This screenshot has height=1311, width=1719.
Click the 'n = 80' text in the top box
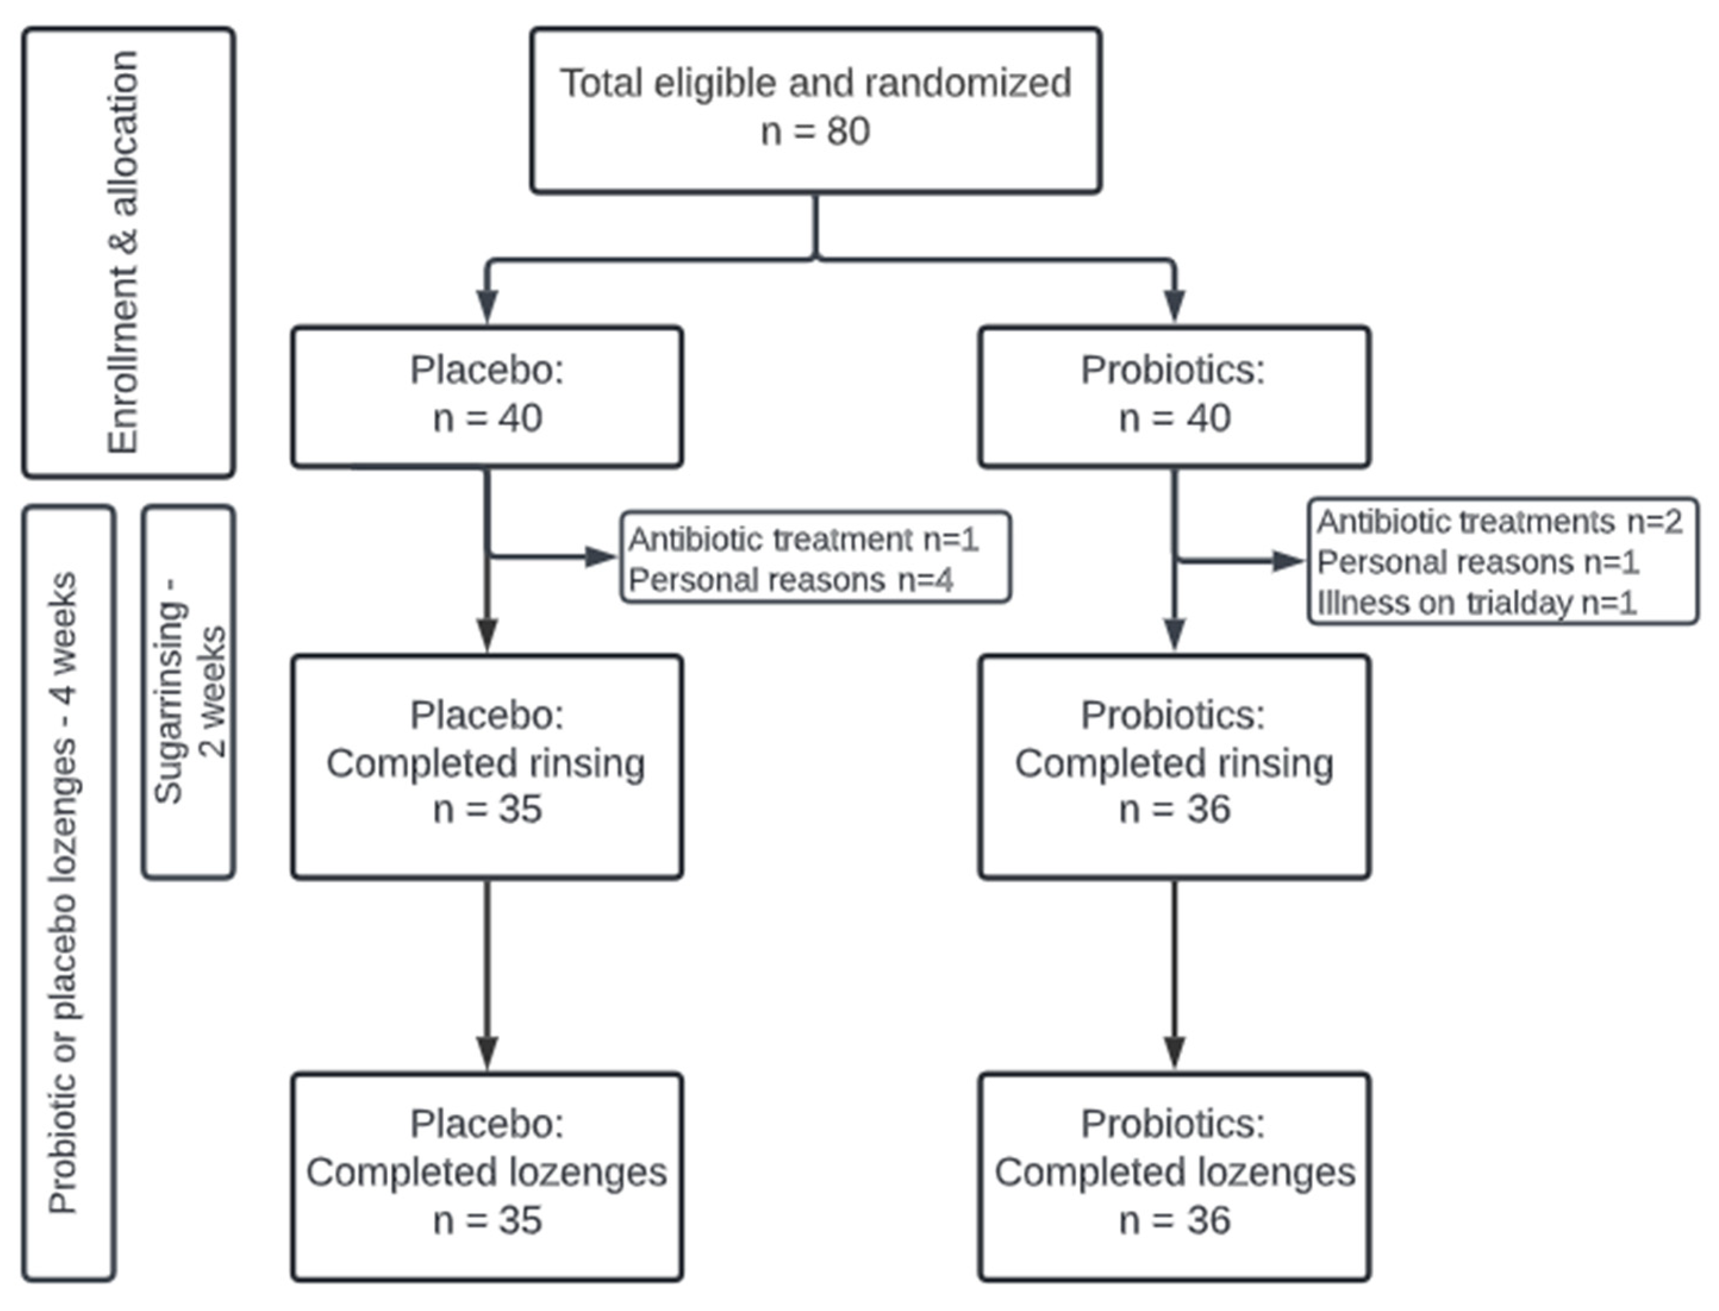click(815, 131)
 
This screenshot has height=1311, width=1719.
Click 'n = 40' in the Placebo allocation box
click(487, 418)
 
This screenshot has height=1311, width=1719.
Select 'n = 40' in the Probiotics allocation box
click(1174, 418)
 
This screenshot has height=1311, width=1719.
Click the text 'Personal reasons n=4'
click(790, 580)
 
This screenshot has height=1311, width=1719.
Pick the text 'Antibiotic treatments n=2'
click(1499, 521)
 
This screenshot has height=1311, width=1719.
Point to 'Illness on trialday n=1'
click(1476, 603)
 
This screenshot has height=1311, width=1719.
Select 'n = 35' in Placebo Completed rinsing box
click(487, 809)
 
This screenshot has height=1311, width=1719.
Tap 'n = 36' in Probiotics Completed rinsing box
click(1174, 809)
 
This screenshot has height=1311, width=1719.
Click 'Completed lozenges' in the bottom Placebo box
click(486, 1172)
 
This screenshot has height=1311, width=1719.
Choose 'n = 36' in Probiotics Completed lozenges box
click(1174, 1220)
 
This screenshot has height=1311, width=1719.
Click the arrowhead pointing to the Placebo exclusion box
click(602, 556)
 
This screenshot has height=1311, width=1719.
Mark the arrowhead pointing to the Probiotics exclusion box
click(1288, 561)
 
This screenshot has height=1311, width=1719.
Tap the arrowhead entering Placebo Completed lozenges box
click(487, 1053)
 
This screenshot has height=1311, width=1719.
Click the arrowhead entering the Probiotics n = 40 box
click(1174, 305)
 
